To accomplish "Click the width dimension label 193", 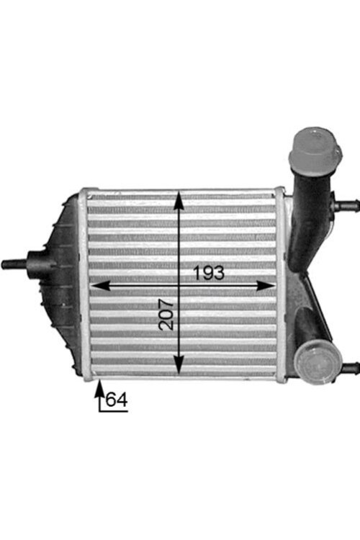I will [209, 273].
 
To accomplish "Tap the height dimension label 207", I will [166, 314].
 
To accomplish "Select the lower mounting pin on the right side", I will [350, 368].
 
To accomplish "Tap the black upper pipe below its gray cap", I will [305, 209].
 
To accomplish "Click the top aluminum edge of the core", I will [180, 192].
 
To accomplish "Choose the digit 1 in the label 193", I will [197, 273].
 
